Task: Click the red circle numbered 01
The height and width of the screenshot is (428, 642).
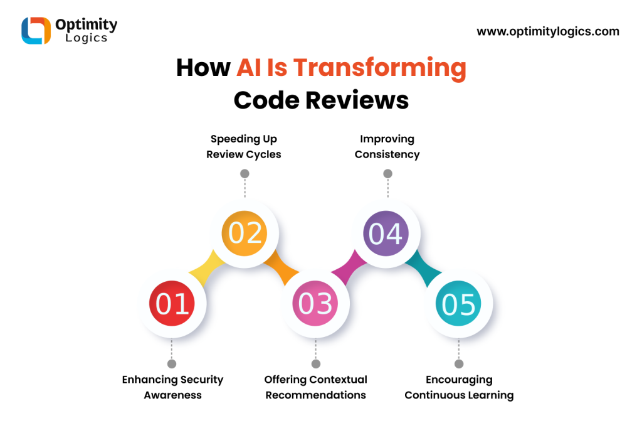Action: point(172,303)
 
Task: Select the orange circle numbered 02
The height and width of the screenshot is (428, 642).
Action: point(245,233)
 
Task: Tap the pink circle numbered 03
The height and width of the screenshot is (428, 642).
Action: point(315,303)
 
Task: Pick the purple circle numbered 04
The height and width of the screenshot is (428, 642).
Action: point(386,233)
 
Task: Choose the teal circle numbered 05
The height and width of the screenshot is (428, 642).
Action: point(458,303)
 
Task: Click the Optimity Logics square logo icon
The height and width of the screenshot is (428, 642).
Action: point(36,30)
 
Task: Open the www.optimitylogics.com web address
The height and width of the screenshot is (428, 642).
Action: point(548,31)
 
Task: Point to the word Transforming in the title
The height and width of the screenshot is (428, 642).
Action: point(380,68)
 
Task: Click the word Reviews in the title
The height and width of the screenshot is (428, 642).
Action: point(357,100)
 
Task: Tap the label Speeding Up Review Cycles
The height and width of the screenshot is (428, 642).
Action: point(244,147)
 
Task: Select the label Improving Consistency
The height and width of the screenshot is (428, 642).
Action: point(387,147)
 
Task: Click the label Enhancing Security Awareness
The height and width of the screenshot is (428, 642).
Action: point(173,387)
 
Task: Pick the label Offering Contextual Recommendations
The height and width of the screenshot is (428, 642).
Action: point(316,387)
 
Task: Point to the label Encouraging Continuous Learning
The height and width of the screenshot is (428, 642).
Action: point(459,387)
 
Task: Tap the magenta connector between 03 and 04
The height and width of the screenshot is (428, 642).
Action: point(349,267)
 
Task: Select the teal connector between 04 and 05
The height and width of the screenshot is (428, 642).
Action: point(423,268)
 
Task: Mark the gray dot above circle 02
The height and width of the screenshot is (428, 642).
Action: point(245,174)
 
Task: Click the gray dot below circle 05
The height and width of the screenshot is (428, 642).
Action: point(459,363)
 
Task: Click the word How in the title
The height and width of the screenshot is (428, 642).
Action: point(204,68)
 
